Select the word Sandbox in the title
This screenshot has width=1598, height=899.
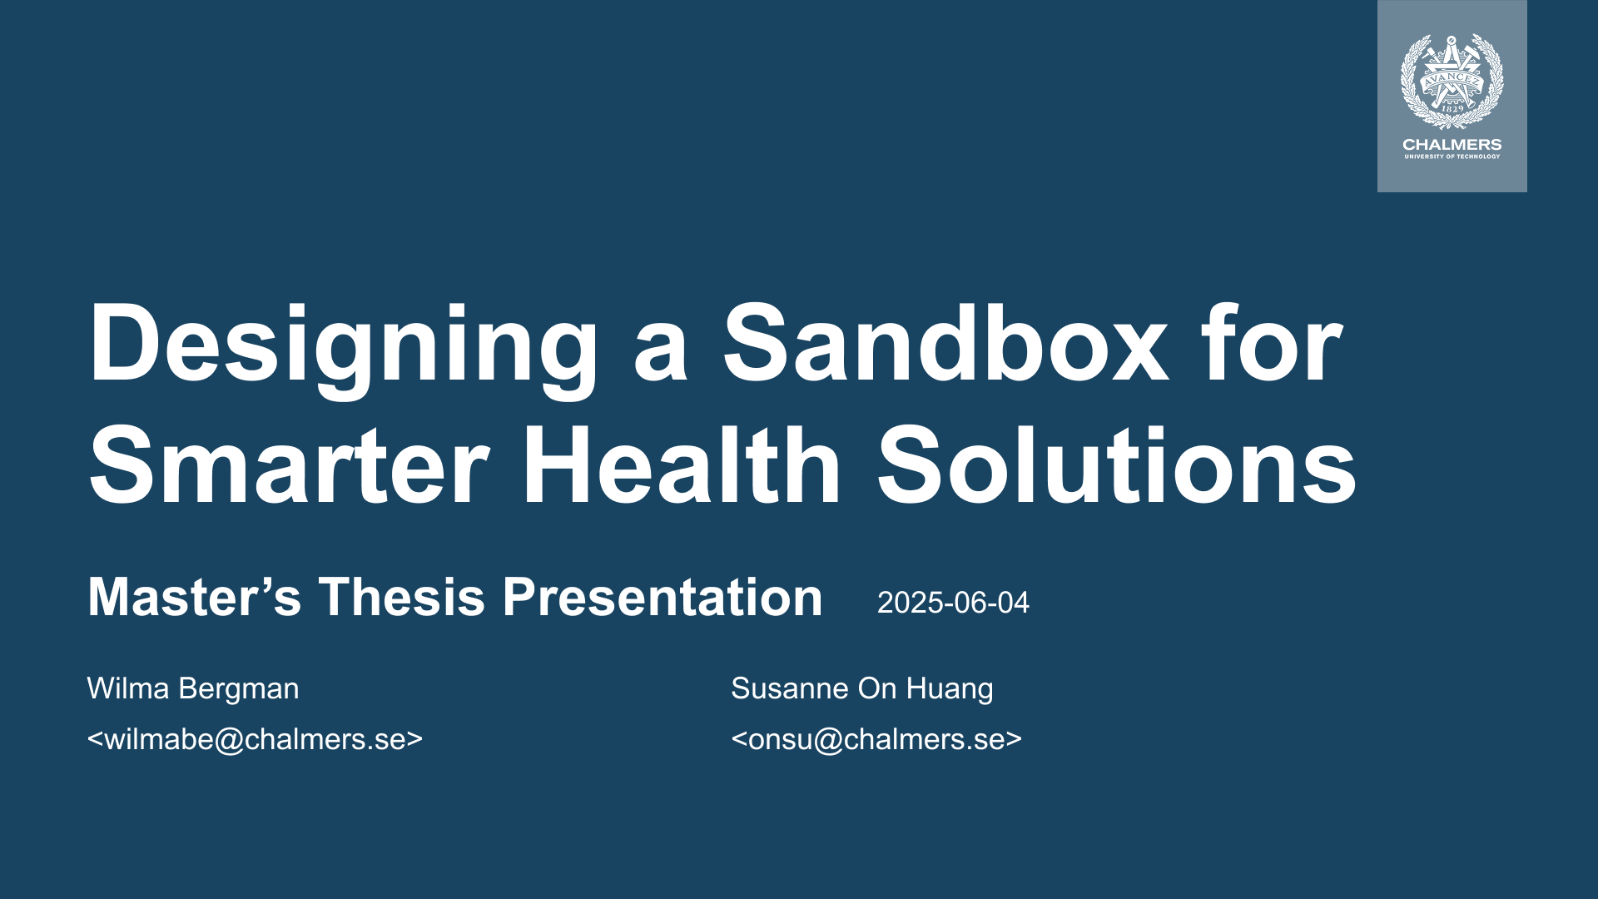click(x=945, y=342)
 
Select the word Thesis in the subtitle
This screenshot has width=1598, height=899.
click(x=402, y=597)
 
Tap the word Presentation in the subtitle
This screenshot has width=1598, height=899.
click(x=663, y=597)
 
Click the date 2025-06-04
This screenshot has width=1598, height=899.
click(x=953, y=603)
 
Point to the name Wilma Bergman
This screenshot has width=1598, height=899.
click(x=193, y=689)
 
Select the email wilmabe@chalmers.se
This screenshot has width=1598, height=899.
click(x=255, y=739)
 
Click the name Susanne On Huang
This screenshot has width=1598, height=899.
click(x=862, y=689)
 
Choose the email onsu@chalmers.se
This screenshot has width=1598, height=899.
click(x=876, y=739)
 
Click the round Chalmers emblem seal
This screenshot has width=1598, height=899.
click(x=1452, y=81)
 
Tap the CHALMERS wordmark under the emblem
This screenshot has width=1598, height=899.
click(x=1452, y=144)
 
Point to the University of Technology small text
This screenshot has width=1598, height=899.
click(x=1452, y=156)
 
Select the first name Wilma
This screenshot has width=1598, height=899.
click(x=128, y=688)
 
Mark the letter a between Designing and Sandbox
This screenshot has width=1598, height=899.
click(x=661, y=353)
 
